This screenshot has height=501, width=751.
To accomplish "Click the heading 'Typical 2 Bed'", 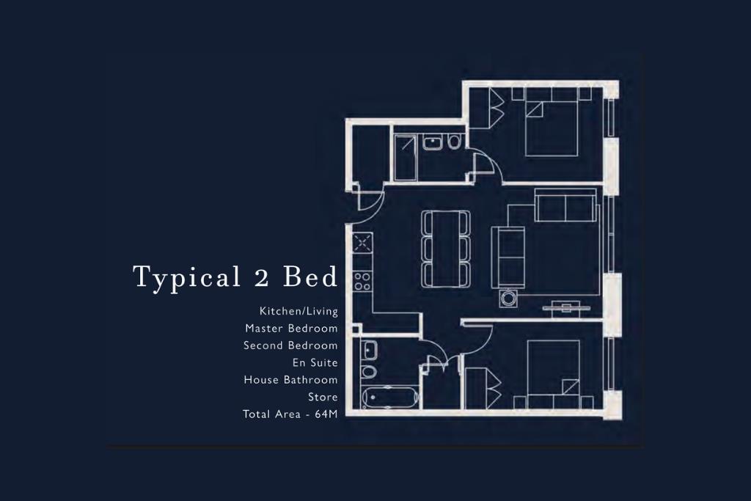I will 235,277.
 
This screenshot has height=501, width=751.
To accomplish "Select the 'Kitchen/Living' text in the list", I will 298,311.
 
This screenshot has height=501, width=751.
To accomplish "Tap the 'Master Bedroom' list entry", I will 291,328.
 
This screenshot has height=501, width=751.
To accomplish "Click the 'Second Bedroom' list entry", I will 290,345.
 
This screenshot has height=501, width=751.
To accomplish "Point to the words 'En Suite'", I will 315,362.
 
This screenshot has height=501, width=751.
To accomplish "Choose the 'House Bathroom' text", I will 290,380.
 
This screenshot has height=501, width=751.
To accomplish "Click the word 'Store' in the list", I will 323,397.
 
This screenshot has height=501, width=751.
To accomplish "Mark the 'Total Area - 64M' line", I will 290,414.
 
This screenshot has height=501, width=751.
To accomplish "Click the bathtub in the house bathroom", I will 391,398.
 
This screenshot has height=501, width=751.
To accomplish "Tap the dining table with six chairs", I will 446,249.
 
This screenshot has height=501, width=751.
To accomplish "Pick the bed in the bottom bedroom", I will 553,373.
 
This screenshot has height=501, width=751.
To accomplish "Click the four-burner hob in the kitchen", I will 362,280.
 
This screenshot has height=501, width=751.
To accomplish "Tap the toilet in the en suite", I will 455,142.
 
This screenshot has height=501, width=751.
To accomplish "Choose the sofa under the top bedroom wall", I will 565,206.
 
